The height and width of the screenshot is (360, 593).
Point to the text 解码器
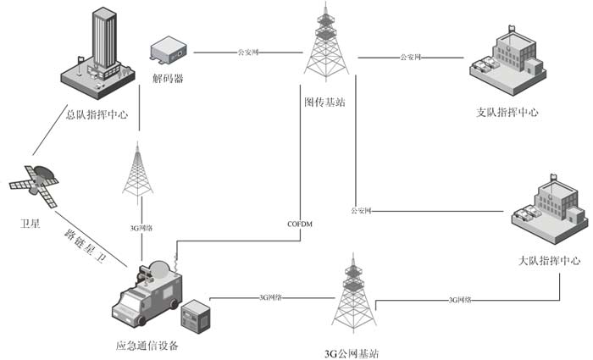pos(168,79)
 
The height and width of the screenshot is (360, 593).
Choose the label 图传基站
pos(324,102)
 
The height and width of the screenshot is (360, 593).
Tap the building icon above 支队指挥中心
pos(507,61)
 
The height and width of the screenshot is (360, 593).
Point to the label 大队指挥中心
pos(549,261)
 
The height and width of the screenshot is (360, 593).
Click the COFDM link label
pos(302,224)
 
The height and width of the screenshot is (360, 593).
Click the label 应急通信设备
pos(147,345)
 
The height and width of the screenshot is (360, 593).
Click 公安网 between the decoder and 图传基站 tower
pos(249,53)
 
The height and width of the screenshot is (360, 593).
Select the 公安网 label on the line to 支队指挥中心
pos(410,58)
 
